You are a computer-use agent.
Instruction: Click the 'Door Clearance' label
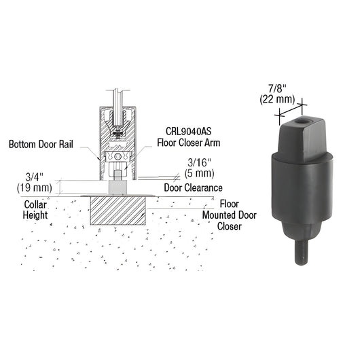[x=193, y=187]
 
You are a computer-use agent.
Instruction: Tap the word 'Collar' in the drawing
[x=35, y=204]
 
